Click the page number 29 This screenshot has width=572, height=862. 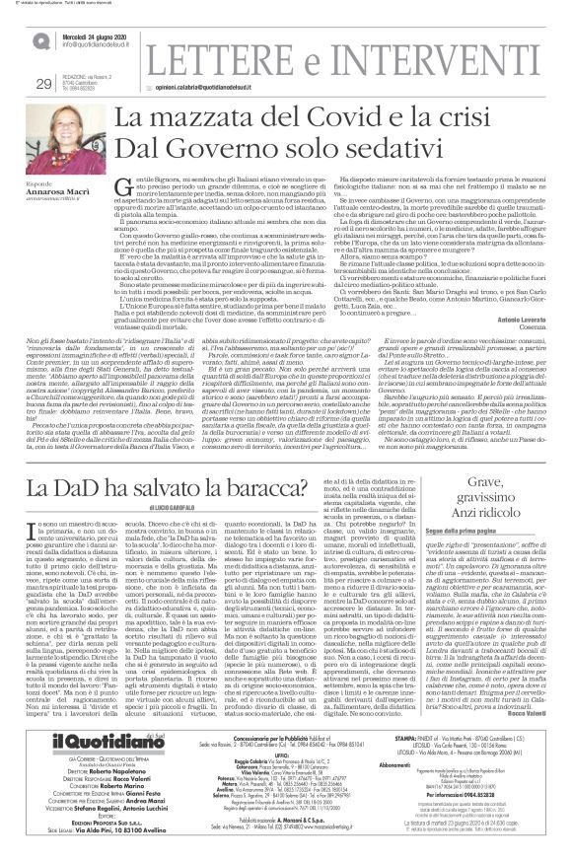(42, 84)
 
